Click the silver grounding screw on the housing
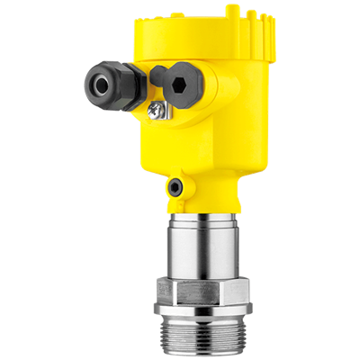point(158,110)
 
